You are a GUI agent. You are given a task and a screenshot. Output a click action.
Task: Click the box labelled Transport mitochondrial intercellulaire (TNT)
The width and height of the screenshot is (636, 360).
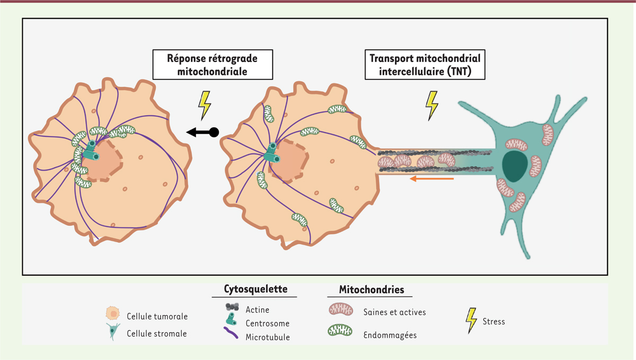coord(426,65)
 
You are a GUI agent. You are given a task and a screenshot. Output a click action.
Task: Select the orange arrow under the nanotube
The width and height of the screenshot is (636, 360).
coord(432,179)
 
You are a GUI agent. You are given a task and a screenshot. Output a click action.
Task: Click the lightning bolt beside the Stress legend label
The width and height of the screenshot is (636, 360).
coord(471,321)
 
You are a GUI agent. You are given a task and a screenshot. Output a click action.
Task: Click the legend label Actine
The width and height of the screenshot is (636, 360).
coord(258,309)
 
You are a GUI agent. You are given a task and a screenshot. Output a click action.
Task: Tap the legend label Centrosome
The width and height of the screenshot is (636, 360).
coord(268,323)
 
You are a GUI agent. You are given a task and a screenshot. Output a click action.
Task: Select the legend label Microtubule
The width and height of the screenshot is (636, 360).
coord(268,337)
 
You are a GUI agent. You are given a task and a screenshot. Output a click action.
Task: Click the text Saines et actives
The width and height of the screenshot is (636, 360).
coord(395,312)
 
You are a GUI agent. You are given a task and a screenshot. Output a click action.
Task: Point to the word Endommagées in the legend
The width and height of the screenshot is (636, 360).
coord(390,335)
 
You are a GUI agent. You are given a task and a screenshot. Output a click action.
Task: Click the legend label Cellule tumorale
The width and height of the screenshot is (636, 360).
coord(157,316)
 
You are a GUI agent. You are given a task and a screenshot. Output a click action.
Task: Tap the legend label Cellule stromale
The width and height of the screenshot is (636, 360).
coord(156,333)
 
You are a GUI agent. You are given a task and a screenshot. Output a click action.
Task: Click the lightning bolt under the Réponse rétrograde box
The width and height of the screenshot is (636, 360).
coord(204,105)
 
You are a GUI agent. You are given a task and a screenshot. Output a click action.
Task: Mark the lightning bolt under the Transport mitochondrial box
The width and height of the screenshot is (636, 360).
coord(432,105)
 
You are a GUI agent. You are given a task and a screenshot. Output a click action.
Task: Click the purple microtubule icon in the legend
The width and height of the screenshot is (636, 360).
coord(232,334)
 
